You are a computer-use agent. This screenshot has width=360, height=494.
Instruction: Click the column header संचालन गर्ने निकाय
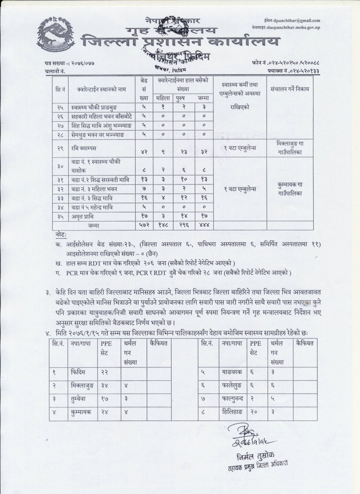point(290,89)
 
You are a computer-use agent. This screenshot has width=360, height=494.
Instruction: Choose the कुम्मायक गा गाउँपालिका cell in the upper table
point(290,189)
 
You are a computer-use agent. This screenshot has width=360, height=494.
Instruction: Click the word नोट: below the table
point(61,234)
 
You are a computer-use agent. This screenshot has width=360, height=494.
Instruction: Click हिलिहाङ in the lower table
point(230,412)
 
